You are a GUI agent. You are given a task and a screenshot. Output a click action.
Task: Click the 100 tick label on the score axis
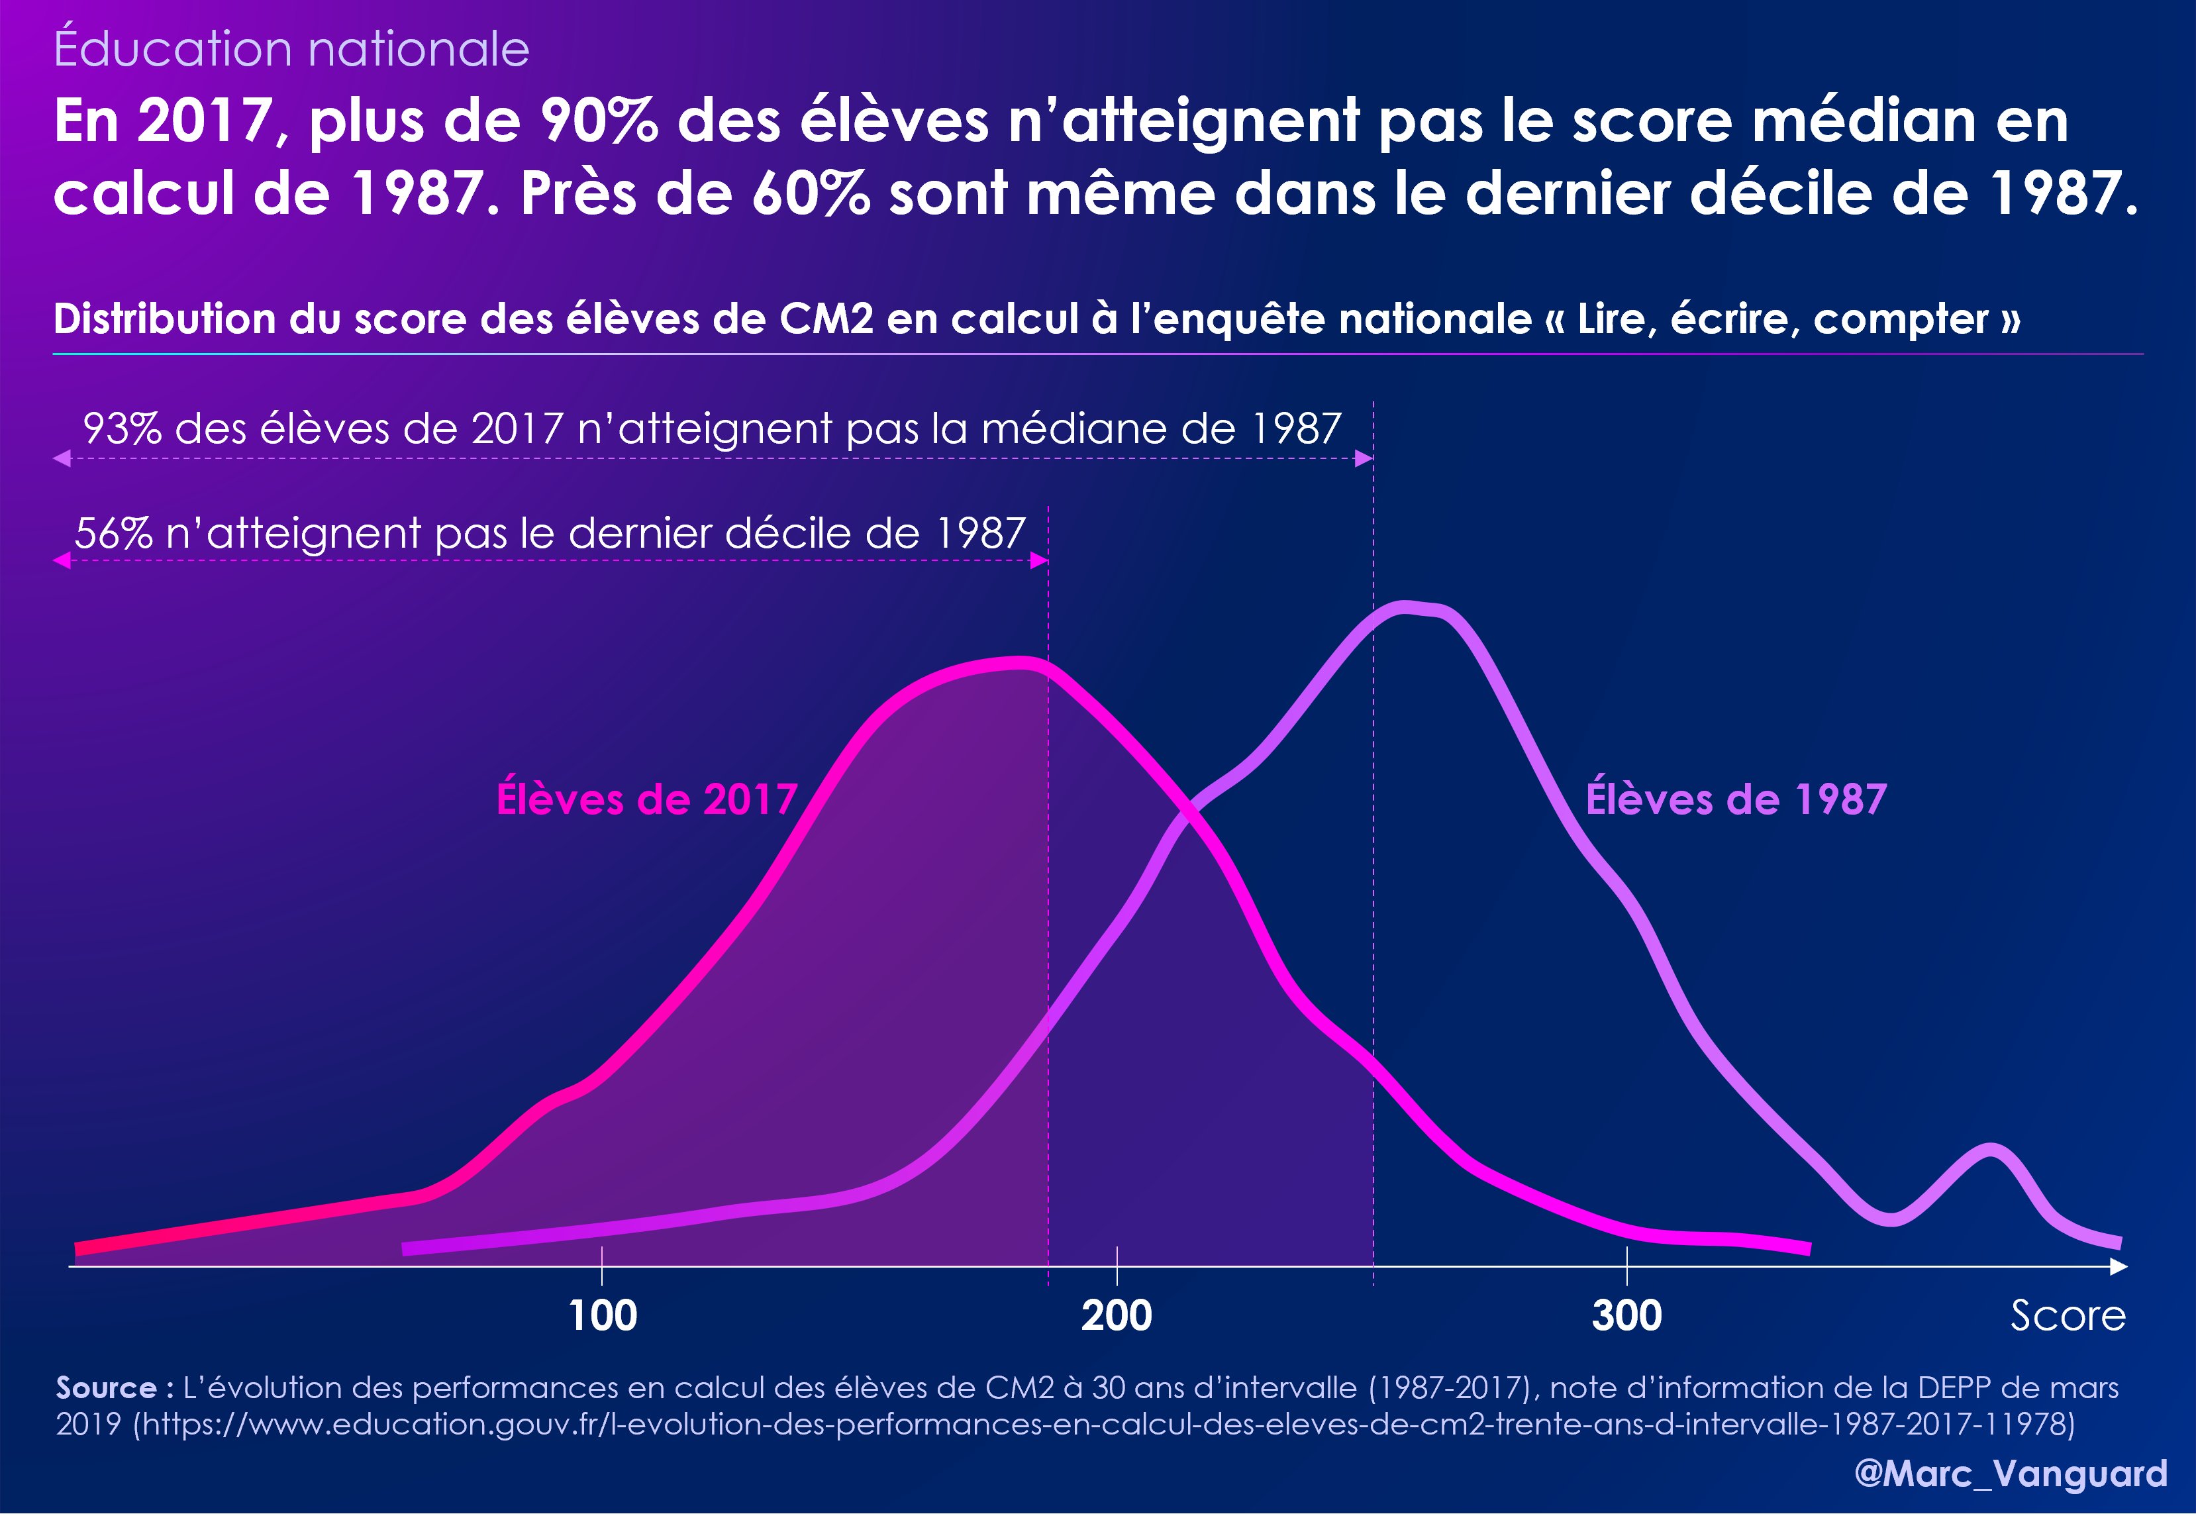pyautogui.click(x=602, y=1315)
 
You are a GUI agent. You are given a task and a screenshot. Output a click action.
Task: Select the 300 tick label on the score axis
pyautogui.click(x=1627, y=1315)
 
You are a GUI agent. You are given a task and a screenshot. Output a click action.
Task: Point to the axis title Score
pyautogui.click(x=2068, y=1315)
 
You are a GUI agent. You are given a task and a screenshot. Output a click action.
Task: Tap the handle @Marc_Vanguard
pyautogui.click(x=2011, y=1473)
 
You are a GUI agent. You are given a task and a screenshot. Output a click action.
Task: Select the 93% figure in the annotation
pyautogui.click(x=122, y=429)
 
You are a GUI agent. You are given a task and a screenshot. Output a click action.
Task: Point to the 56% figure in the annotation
pyautogui.click(x=113, y=534)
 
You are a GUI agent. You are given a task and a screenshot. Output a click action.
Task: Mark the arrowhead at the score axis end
pyautogui.click(x=2119, y=1266)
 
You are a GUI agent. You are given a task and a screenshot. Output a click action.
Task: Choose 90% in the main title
pyautogui.click(x=599, y=122)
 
